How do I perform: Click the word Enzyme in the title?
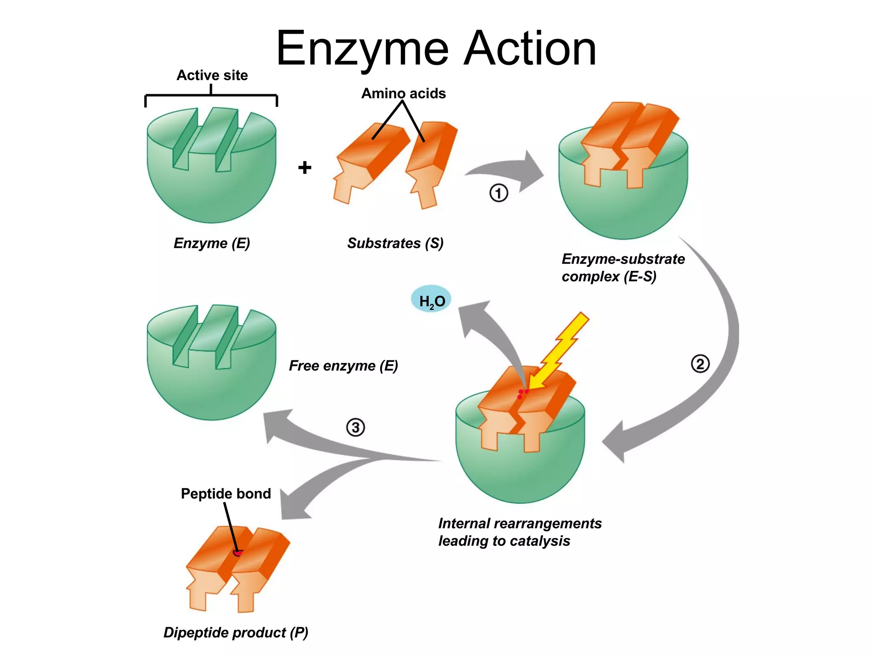pyautogui.click(x=362, y=49)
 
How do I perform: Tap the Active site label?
pyautogui.click(x=212, y=75)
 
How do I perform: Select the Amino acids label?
pyautogui.click(x=403, y=93)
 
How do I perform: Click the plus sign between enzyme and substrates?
pyautogui.click(x=304, y=167)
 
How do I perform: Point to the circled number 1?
pyautogui.click(x=498, y=193)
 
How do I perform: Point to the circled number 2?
pyautogui.click(x=700, y=364)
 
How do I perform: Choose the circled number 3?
pyautogui.click(x=356, y=427)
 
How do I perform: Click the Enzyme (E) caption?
pyautogui.click(x=212, y=243)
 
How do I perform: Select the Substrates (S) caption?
pyautogui.click(x=395, y=243)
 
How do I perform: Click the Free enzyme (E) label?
pyautogui.click(x=343, y=366)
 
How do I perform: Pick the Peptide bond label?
pyautogui.click(x=225, y=493)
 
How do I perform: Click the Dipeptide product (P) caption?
pyautogui.click(x=236, y=632)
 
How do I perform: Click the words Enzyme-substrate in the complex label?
pyautogui.click(x=623, y=259)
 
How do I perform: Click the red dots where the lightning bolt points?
pyautogui.click(x=522, y=393)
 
